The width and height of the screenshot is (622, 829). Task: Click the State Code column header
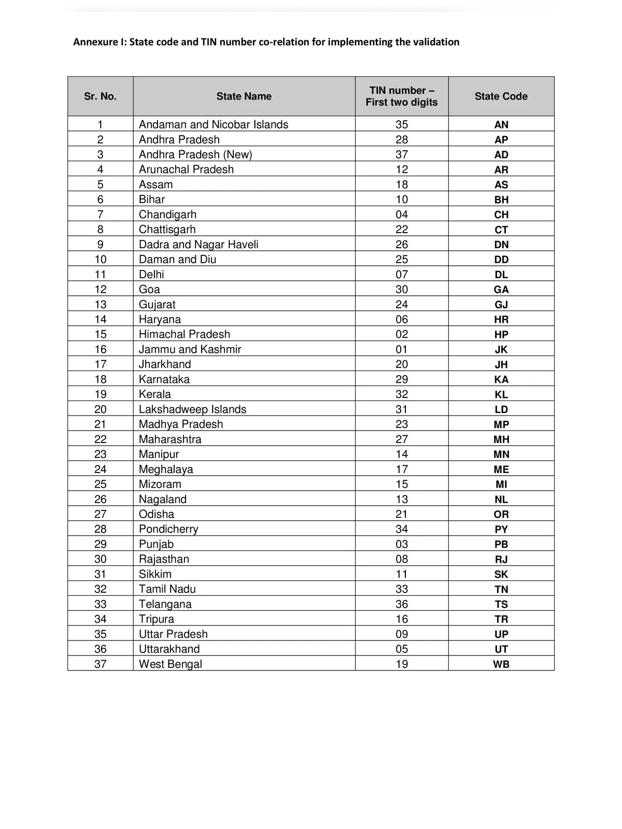click(x=501, y=96)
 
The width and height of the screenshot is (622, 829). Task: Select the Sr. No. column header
click(x=100, y=96)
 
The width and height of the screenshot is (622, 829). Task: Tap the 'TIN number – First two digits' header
click(x=401, y=96)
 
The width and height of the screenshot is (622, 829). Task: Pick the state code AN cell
click(x=501, y=125)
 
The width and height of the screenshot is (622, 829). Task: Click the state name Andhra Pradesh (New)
click(x=195, y=154)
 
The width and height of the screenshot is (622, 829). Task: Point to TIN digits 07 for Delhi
click(x=401, y=275)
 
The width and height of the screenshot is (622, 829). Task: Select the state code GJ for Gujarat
click(x=501, y=305)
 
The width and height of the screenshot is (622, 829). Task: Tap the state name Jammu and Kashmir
click(x=190, y=349)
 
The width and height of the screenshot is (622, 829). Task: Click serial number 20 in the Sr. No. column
click(x=100, y=409)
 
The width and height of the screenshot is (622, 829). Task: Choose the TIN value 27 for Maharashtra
click(x=401, y=439)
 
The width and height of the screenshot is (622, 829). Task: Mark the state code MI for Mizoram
click(x=501, y=484)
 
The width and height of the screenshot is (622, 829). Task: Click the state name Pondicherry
click(x=168, y=529)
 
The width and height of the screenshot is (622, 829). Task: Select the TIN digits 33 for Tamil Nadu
click(x=401, y=589)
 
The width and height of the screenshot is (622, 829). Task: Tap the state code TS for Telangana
click(x=501, y=604)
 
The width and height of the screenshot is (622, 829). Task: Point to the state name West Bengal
click(x=170, y=664)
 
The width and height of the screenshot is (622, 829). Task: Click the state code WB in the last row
click(x=501, y=664)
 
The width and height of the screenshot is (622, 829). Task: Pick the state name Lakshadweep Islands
click(x=192, y=409)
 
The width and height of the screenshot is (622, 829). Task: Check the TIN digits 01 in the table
click(x=401, y=349)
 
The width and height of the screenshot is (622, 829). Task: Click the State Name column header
click(x=244, y=96)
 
